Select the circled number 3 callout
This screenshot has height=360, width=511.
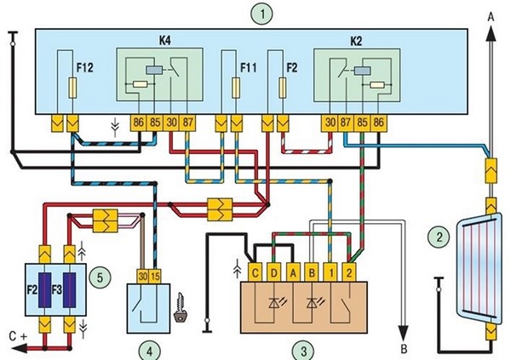click(298, 349)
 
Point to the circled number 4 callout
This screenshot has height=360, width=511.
click(148, 349)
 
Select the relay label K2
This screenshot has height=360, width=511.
click(356, 41)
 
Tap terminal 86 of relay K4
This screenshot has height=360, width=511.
click(139, 123)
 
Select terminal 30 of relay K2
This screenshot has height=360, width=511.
click(330, 123)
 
